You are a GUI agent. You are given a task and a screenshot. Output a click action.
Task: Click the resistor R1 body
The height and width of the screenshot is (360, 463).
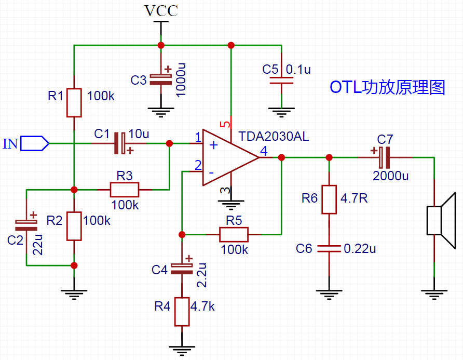pyautogui.click(x=74, y=102)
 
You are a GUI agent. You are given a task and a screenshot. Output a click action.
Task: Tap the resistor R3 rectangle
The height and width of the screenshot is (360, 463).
pyautogui.click(x=124, y=190)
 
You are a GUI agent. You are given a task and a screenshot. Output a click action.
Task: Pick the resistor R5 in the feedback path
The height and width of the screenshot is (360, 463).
pyautogui.click(x=234, y=234)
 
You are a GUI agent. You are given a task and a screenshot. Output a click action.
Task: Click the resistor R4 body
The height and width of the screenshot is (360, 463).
pyautogui.click(x=182, y=312)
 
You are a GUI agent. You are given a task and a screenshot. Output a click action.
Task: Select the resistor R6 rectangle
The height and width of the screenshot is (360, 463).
pyautogui.click(x=329, y=199)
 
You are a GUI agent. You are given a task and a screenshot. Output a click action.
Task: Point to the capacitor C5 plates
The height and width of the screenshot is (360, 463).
pyautogui.click(x=281, y=81)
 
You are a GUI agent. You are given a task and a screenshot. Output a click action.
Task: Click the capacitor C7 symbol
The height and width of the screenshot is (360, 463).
pyautogui.click(x=385, y=157)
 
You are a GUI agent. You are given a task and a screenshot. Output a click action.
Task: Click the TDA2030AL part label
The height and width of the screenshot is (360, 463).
pyautogui.click(x=274, y=136)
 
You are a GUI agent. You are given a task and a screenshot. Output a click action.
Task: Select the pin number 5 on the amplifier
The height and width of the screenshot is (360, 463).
pyautogui.click(x=226, y=124)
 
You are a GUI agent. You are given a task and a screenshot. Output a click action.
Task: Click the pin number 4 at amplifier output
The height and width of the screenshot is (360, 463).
pyautogui.click(x=264, y=151)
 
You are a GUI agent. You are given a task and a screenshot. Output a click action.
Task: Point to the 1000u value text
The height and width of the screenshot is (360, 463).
pyautogui.click(x=181, y=80)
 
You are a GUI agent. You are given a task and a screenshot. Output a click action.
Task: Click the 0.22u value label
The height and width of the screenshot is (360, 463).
pyautogui.click(x=360, y=248)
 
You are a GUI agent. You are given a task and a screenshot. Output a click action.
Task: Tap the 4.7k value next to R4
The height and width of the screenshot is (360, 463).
pyautogui.click(x=202, y=306)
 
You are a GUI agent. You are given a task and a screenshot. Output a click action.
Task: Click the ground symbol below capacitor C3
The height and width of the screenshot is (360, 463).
pyautogui.click(x=161, y=112)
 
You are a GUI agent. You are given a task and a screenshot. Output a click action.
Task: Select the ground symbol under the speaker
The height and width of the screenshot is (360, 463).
pyautogui.click(x=434, y=295)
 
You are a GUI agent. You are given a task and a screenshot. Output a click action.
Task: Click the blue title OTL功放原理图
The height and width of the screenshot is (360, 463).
pyautogui.click(x=387, y=87)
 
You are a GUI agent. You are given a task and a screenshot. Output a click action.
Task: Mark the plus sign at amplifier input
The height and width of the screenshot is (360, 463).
pyautogui.click(x=213, y=145)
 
